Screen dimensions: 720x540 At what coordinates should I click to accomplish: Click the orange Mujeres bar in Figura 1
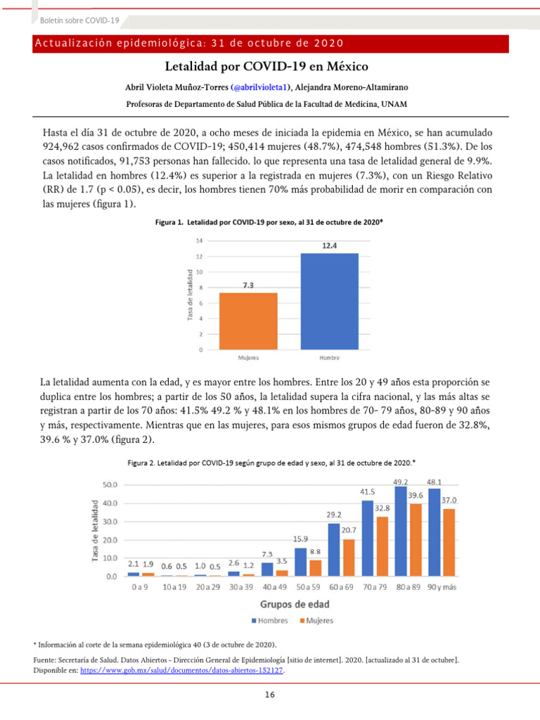pos(248,321)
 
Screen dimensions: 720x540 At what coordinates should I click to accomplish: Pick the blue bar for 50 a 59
pos(300,562)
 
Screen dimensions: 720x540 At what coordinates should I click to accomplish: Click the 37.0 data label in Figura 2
pos(449,500)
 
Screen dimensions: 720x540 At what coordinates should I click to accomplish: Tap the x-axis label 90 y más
pos(442,586)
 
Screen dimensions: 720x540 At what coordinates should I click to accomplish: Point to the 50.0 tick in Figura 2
pos(110,485)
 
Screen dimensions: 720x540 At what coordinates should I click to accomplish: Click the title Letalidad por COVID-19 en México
pos(266,67)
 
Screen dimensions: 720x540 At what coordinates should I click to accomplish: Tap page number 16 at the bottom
pos(270,695)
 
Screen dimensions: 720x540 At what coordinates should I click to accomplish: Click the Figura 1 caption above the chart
pos(269,222)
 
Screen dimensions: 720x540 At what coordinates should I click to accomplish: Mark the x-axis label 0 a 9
pos(139,586)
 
